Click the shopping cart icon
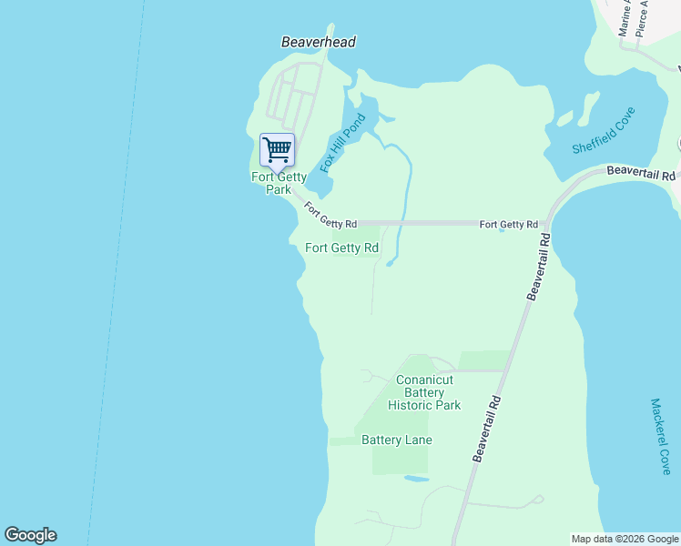point(277,148)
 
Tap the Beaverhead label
point(318,42)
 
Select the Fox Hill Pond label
point(342,144)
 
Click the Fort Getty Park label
point(279,183)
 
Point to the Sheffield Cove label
point(603,131)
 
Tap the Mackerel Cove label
point(661,436)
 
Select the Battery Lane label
point(396,440)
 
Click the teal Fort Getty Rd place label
point(341,248)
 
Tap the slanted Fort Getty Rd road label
point(330,217)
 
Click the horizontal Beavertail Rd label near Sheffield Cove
point(641,172)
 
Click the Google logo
point(30,535)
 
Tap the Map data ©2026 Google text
point(625,539)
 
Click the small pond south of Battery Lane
point(416,478)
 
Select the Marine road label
point(625,18)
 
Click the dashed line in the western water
point(117,273)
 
